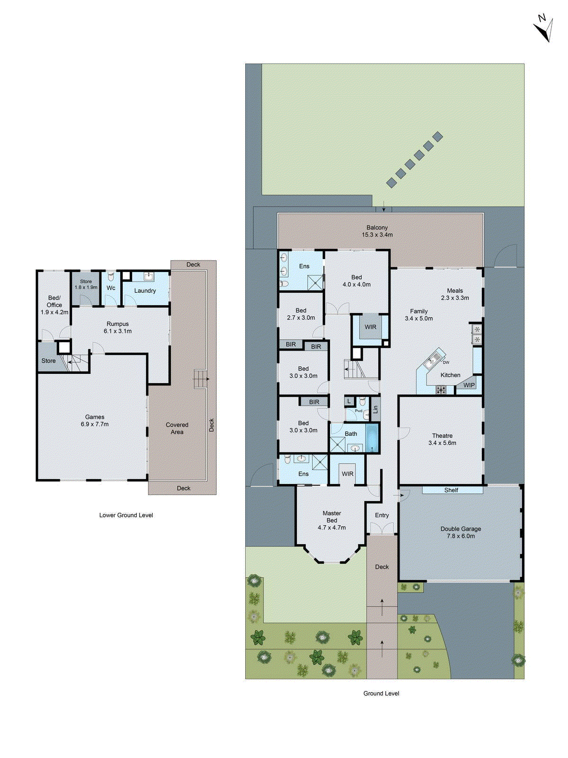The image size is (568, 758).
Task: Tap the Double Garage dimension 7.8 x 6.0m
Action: (461, 536)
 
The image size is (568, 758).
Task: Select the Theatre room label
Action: (442, 436)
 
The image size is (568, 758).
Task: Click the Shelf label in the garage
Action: (451, 490)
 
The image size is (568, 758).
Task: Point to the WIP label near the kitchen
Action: (469, 385)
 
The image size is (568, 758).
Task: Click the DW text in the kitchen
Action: (446, 363)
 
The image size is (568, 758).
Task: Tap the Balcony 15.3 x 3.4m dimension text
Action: (377, 235)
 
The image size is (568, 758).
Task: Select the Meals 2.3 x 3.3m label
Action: (455, 294)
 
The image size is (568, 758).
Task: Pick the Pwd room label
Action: (358, 411)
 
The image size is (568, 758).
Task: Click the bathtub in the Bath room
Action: (372, 438)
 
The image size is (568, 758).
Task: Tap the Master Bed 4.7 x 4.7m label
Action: (332, 520)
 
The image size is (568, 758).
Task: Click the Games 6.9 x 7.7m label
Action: (95, 421)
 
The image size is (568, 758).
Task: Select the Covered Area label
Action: (177, 428)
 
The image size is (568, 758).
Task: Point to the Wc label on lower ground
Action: (111, 288)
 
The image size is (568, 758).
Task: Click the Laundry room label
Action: (145, 291)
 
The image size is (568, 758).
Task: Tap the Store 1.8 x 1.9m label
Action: (86, 284)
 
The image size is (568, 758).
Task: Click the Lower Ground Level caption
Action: (126, 515)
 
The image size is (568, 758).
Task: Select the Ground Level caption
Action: (381, 694)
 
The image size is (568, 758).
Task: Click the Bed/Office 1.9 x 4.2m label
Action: (54, 305)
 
